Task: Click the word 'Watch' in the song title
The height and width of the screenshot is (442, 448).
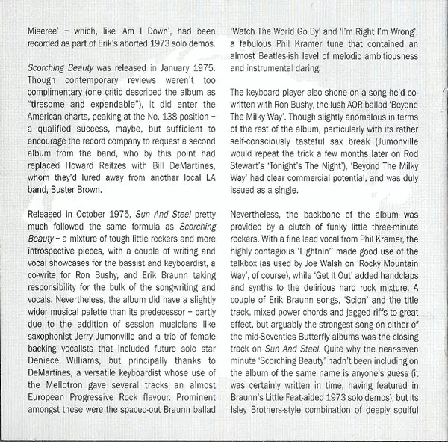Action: [x=247, y=32]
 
